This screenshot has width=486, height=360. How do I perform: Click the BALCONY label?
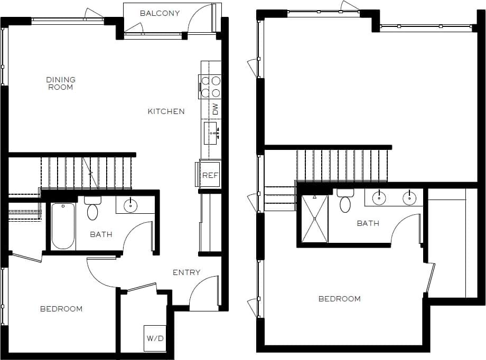[x=160, y=13]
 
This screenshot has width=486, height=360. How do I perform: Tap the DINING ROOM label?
[x=61, y=83]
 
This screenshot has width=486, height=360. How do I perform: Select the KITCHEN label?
[x=166, y=111]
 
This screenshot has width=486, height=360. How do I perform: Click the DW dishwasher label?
[x=215, y=110]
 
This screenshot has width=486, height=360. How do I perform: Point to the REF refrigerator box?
[x=210, y=175]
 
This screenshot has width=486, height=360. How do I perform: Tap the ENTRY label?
[x=186, y=272]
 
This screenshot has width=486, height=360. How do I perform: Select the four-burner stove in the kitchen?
[x=210, y=87]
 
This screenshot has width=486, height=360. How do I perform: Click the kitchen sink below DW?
[x=211, y=132]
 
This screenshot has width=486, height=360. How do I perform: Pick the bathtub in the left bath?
[x=63, y=227]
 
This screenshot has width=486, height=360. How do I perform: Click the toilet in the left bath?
[x=92, y=209]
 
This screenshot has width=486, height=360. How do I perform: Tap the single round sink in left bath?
[x=130, y=205]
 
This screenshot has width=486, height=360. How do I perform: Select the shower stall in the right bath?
[x=314, y=219]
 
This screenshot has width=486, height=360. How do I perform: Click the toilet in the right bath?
[x=345, y=201]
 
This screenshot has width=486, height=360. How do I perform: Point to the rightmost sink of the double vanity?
[x=409, y=198]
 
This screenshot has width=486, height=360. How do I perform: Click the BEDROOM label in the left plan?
[x=61, y=309]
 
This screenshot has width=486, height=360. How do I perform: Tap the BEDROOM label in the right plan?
[x=339, y=299]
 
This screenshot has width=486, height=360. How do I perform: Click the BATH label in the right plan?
[x=368, y=223]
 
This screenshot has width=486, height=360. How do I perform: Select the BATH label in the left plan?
[x=101, y=234]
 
